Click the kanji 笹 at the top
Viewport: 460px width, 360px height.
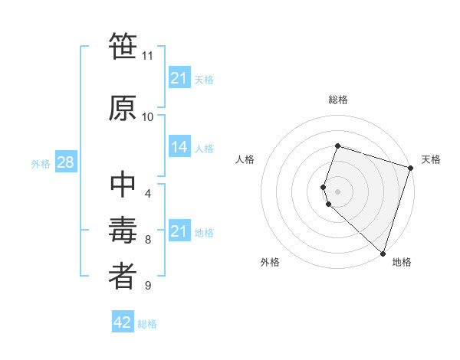point(123,47)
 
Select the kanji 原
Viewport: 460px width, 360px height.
point(123,108)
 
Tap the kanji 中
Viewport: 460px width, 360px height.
point(123,185)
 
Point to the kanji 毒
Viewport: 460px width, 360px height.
point(123,231)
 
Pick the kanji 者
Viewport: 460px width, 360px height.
point(123,277)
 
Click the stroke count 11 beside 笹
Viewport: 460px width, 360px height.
point(147,56)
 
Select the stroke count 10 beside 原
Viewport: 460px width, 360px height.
point(147,116)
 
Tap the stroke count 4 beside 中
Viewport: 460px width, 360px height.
point(147,193)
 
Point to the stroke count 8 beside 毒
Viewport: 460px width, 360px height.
point(147,240)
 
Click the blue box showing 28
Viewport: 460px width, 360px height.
point(64,163)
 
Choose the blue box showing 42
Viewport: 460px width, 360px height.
point(123,322)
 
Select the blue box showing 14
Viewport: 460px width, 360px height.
point(179,147)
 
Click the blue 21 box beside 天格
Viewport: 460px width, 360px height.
point(179,78)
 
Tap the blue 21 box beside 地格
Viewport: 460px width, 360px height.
point(179,231)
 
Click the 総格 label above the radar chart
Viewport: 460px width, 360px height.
point(338,100)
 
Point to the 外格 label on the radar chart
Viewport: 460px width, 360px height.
point(270,262)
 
